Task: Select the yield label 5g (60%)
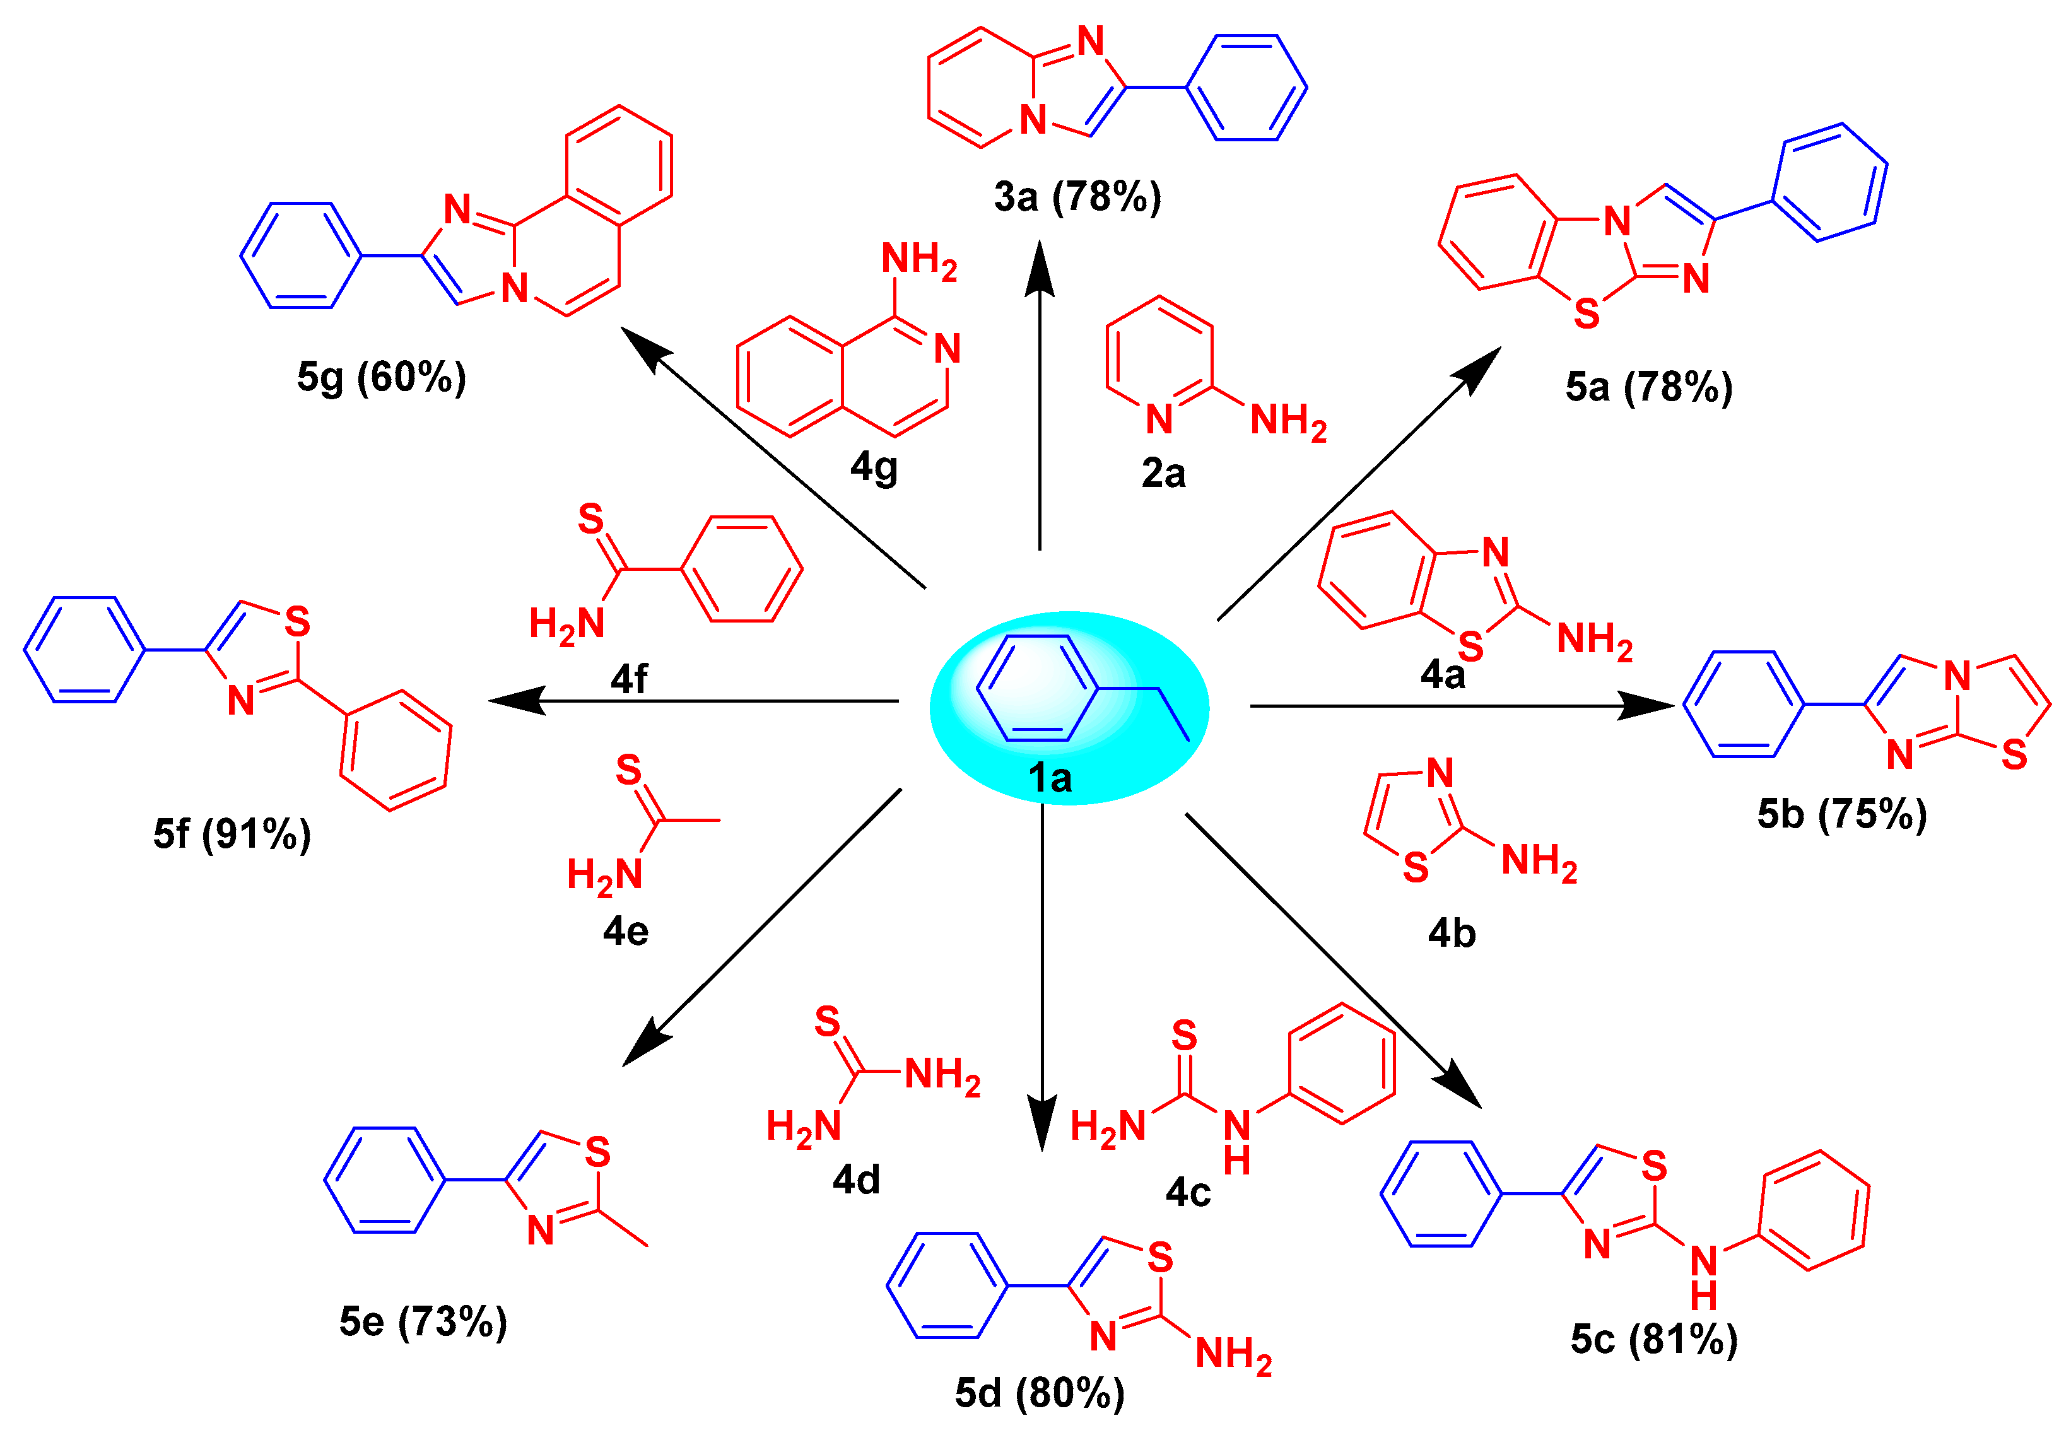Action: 382,377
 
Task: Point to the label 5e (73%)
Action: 423,1322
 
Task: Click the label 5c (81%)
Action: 1653,1339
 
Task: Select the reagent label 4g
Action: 874,467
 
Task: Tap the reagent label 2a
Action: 1164,474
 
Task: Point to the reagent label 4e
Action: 626,930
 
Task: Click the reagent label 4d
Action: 856,1180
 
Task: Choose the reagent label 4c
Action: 1188,1192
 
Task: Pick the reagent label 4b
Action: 1452,934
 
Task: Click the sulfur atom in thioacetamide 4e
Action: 629,771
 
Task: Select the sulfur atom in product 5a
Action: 1587,313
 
